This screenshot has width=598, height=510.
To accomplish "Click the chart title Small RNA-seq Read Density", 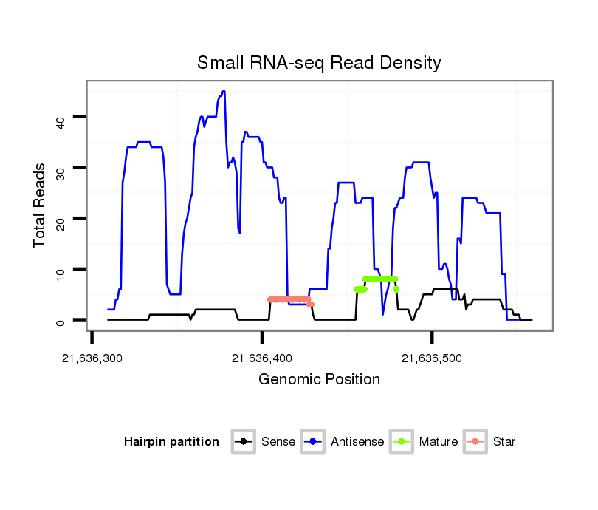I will point(319,63).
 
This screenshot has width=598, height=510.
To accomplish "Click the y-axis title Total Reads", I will point(41,205).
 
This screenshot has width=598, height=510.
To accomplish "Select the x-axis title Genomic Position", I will point(319,380).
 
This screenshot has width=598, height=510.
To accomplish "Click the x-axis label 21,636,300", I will point(92,358).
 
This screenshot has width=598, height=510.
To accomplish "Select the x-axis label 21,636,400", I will point(262,358).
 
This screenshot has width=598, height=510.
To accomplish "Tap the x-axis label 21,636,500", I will point(432,358).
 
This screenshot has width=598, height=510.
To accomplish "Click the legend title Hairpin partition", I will point(171,442).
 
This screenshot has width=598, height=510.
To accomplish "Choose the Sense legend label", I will point(278,442).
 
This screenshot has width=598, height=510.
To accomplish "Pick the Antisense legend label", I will point(357,442).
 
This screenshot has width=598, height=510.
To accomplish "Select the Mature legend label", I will point(439,442).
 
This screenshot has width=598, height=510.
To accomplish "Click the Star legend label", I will point(504,442).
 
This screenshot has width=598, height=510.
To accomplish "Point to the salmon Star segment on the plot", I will point(289,299).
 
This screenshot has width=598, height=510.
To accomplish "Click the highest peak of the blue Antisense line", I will point(223,92).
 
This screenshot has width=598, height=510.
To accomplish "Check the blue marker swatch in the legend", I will point(313,442).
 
